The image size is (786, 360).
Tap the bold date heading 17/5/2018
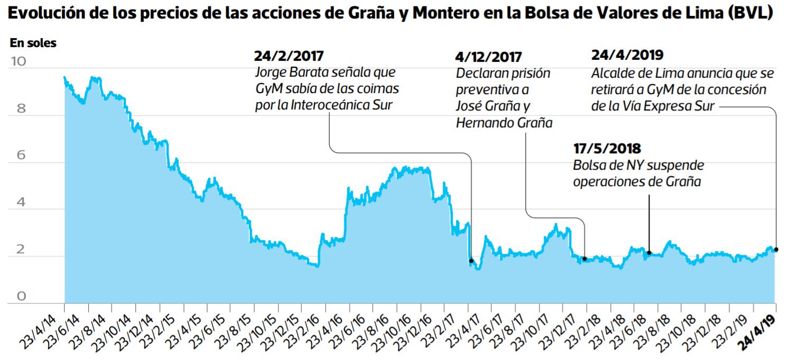click(x=607, y=149)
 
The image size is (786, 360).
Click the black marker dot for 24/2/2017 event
click(x=471, y=261)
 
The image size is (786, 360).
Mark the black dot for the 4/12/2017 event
click(x=584, y=259)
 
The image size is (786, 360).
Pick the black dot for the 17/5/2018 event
click(x=649, y=253)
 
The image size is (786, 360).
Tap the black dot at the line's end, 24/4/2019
click(x=776, y=250)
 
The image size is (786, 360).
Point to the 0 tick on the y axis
click(x=21, y=297)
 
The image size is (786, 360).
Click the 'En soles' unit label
click(x=33, y=44)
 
